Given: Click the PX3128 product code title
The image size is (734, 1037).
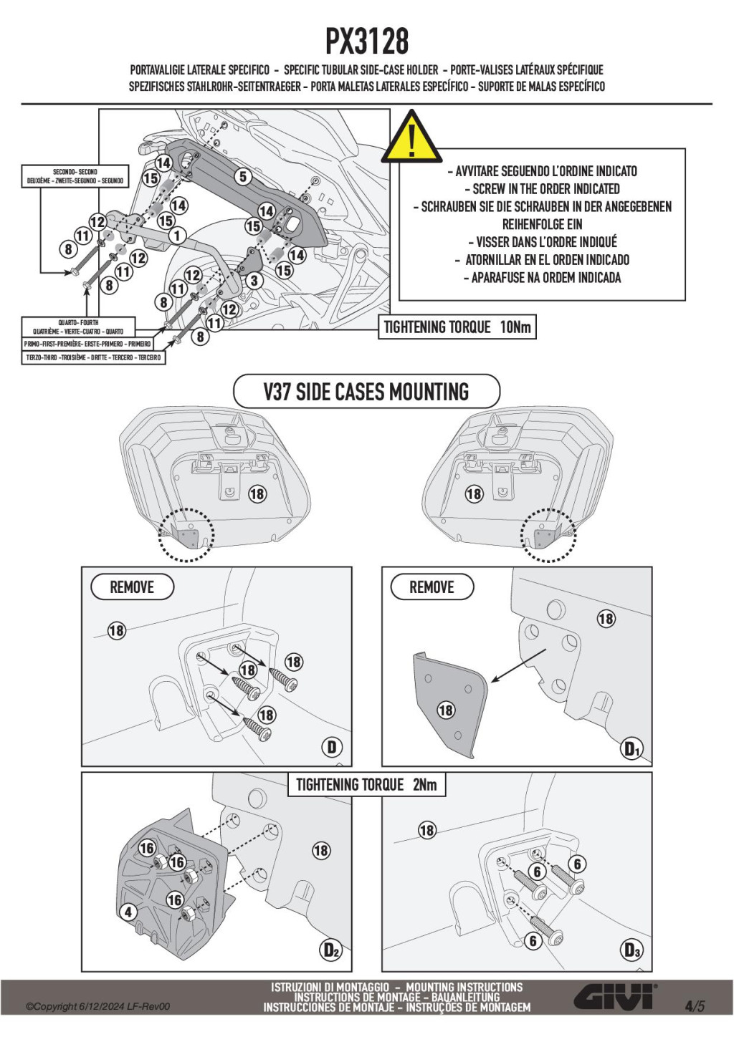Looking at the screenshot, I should (x=367, y=42).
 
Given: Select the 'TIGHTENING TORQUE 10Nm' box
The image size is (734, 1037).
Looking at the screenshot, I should (x=457, y=327).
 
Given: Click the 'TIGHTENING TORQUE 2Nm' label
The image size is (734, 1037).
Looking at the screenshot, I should (x=366, y=785).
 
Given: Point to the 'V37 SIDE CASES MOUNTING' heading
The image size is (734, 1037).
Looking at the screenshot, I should (x=366, y=392).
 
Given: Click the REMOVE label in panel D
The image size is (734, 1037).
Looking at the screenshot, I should (x=132, y=587).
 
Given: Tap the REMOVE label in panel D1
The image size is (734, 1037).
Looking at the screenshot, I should (x=432, y=587).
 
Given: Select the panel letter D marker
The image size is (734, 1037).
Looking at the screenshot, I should (x=331, y=748).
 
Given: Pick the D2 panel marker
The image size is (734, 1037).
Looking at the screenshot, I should (x=330, y=950).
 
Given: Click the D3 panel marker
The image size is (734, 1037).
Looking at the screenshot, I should (x=631, y=950).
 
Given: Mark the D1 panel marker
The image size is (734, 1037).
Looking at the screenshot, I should (x=631, y=749).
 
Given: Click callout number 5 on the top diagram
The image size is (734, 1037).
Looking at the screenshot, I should (x=243, y=176).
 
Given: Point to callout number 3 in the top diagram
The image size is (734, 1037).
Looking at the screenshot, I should (x=253, y=281).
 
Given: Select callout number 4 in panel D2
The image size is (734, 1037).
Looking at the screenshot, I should (x=128, y=912).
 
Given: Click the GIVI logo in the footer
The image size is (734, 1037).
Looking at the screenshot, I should (x=614, y=997).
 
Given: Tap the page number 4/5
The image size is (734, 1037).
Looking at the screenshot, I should (x=694, y=1005).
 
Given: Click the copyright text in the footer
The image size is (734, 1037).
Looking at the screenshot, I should (x=98, y=1006).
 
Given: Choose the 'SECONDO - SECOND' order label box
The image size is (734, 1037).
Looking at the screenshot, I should (x=75, y=176).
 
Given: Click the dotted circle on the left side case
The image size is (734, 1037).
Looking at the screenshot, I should (x=186, y=535).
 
